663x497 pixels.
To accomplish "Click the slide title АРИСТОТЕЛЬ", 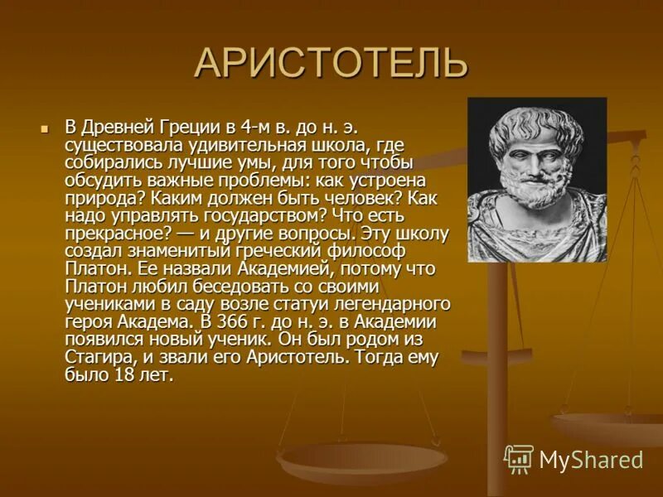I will [331, 64].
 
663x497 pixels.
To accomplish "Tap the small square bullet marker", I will [46, 128].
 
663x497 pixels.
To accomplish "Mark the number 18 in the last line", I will [124, 375].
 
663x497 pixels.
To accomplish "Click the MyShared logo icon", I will [519, 459].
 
